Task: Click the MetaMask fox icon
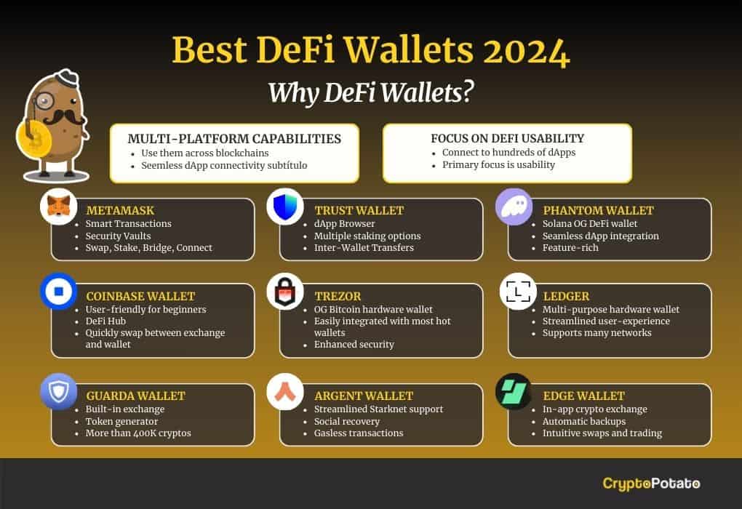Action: coord(59,207)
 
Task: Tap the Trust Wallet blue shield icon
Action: coord(285,207)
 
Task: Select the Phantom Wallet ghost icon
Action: coord(514,207)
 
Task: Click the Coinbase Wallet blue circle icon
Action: coord(59,292)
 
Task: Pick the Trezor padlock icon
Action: coord(285,292)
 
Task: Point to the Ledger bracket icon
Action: coord(518,292)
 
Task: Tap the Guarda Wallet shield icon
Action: coord(59,392)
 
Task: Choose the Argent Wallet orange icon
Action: coord(285,392)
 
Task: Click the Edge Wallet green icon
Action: coord(514,392)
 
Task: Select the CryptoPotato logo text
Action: coord(651,484)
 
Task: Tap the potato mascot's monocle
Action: coord(45,100)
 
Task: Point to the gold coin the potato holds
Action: coord(33,138)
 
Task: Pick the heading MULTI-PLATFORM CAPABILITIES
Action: coord(234,139)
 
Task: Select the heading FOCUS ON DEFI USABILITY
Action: coord(507,138)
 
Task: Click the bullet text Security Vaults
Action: coord(118,236)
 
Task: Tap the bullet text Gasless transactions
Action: coord(359,433)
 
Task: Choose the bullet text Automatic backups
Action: coord(584,421)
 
